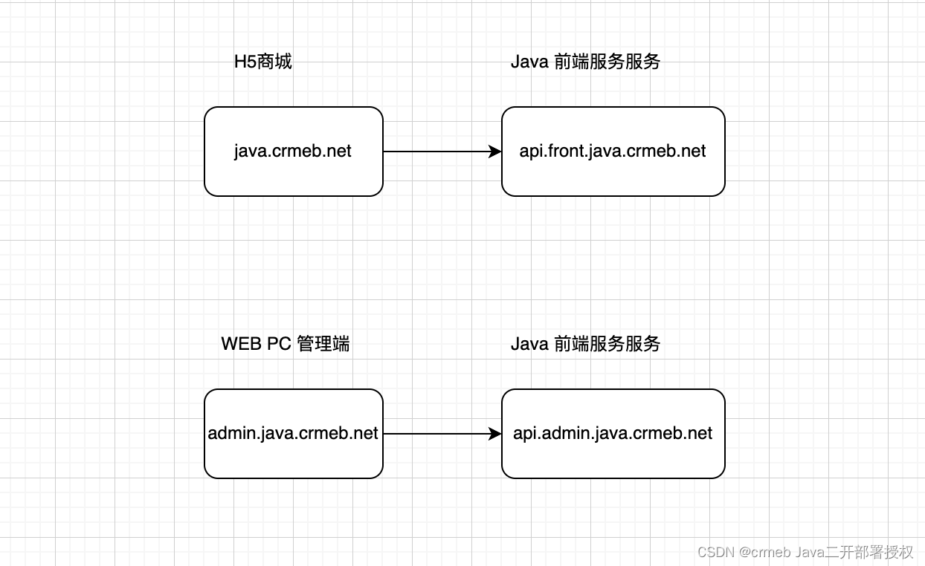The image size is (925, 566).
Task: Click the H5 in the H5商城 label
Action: [x=245, y=62]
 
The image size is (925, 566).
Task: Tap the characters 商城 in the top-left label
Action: [x=274, y=62]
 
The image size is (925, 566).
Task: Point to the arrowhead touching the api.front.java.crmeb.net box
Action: [x=495, y=152]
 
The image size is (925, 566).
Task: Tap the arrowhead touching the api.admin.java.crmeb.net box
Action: [x=495, y=434]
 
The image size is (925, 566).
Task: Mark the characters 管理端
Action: [x=323, y=344]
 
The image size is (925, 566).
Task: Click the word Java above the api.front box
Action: [x=529, y=62]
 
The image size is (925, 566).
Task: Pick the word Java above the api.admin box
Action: [x=529, y=344]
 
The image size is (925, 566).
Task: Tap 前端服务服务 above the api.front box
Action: [x=607, y=62]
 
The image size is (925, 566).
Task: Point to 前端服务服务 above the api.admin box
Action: [x=607, y=344]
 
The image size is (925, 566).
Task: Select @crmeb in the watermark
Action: [x=765, y=552]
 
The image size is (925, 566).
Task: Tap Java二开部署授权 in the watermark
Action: [x=854, y=552]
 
